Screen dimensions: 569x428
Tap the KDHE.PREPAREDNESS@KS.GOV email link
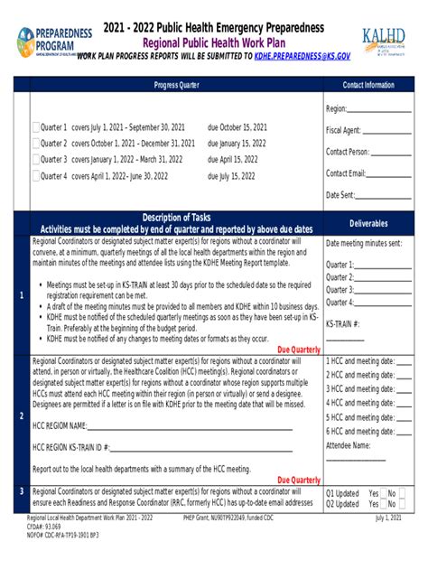coord(302,56)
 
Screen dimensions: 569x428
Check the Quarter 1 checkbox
coord(36,127)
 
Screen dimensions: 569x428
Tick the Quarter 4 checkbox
coord(36,176)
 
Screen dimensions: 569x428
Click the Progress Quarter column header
coord(168,85)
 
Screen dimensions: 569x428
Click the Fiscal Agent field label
coord(343,130)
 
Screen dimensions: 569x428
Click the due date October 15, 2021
coord(237,127)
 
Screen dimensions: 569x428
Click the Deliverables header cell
coord(368,222)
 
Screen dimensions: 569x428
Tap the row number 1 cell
coord(21,294)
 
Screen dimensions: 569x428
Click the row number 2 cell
coord(21,415)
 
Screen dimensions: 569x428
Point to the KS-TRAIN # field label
coord(343,322)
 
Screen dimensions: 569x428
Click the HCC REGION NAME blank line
coord(181,425)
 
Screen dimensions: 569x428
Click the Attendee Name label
coord(349,445)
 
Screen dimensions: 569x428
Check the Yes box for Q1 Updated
coord(384,494)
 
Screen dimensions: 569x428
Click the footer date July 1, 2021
coord(389,518)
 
